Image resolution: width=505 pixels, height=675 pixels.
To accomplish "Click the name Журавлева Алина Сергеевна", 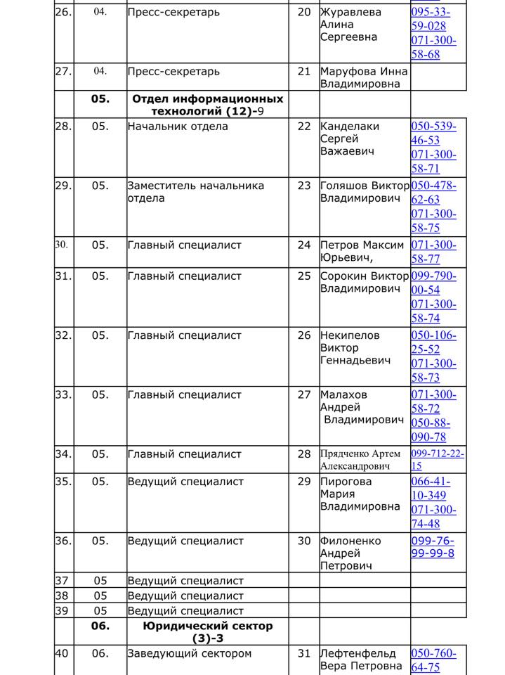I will click(x=350, y=25).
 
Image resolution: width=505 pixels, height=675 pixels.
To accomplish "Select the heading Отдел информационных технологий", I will click(x=207, y=105).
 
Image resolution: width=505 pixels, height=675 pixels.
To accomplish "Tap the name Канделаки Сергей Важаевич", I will click(x=350, y=139).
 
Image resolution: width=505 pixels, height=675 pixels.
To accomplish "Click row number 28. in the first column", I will click(x=63, y=127).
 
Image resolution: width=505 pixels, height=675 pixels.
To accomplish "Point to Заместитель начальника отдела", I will click(x=195, y=192).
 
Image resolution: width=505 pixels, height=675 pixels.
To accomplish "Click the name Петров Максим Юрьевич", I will click(x=362, y=251).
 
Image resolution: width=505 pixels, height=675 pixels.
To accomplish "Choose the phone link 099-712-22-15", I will click(x=437, y=460).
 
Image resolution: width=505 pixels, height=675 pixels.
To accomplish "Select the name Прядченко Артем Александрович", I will click(x=360, y=460).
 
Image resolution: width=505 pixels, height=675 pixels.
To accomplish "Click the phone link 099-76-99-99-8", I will click(x=432, y=547).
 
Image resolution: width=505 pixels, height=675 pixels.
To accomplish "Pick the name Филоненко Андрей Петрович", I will click(x=350, y=553).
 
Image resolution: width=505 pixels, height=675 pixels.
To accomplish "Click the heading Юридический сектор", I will click(x=207, y=631).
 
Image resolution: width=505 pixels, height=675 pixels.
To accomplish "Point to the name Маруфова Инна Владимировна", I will click(x=364, y=77).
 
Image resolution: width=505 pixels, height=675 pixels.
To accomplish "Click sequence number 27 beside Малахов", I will click(x=303, y=395).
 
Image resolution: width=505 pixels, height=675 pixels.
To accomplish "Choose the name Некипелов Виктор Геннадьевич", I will click(x=350, y=347).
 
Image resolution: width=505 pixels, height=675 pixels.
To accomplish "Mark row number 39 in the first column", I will click(x=62, y=611).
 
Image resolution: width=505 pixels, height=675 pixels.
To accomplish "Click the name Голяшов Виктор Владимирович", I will click(x=364, y=192).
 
